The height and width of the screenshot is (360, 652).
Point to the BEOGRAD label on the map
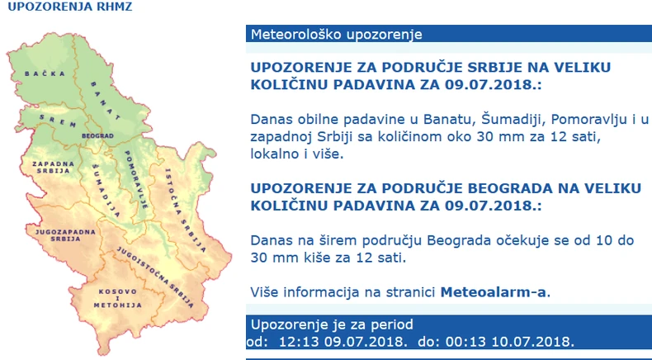pyautogui.click(x=97, y=134)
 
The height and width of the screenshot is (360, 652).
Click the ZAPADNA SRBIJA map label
pyautogui.click(x=50, y=168)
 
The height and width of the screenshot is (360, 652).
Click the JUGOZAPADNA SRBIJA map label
pyautogui.click(x=56, y=236)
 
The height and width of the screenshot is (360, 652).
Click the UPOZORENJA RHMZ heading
pyautogui.click(x=69, y=7)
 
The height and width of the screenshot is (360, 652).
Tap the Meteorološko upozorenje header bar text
pyautogui.click(x=336, y=35)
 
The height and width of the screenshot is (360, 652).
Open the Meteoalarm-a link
pyautogui.click(x=494, y=291)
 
